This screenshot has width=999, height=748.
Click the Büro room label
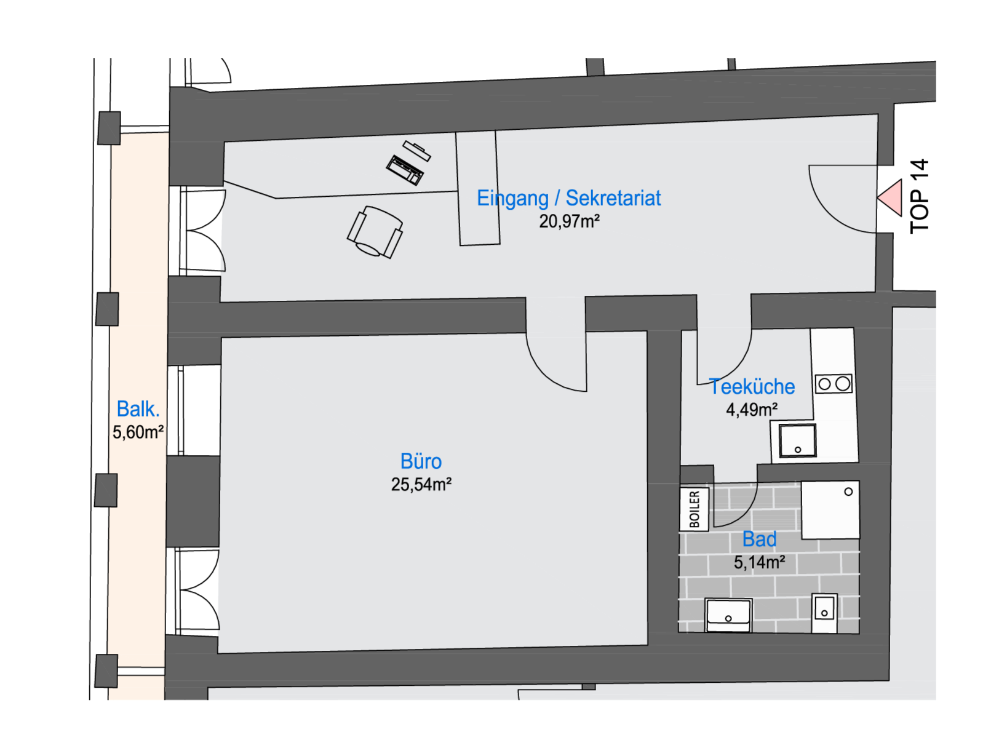(x=421, y=461)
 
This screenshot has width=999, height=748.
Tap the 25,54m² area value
(x=421, y=485)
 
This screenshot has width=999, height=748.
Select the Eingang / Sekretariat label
(x=568, y=198)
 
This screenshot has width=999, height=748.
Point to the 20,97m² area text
(x=569, y=221)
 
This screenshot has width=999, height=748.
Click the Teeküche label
(x=752, y=386)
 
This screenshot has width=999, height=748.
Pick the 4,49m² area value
(x=752, y=410)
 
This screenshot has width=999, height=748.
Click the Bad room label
(x=759, y=539)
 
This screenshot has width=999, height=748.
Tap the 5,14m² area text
(x=759, y=562)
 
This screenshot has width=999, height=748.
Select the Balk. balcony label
(x=138, y=409)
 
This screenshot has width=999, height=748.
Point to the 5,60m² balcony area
(x=138, y=432)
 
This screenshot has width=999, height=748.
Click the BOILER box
(x=695, y=509)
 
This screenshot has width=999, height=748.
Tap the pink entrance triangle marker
(x=891, y=198)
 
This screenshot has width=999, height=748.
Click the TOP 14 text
(x=919, y=196)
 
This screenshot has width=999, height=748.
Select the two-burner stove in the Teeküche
(x=834, y=384)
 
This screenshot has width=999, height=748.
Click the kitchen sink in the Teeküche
(x=797, y=440)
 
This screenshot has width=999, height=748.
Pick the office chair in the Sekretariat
(x=375, y=232)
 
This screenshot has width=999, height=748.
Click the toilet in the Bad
(x=824, y=611)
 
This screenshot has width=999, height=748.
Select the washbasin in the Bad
(x=728, y=615)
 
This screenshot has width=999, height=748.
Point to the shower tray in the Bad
(x=830, y=510)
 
